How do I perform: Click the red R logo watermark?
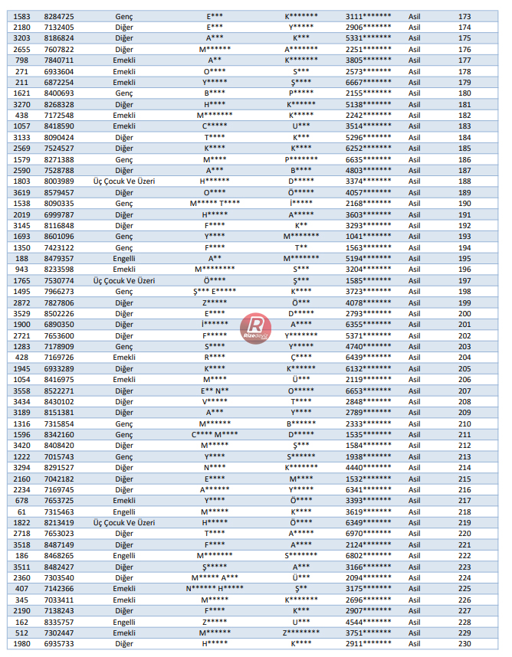tap(255, 328)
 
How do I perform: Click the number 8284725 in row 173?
tap(59, 16)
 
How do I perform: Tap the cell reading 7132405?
tap(59, 27)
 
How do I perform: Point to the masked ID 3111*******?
tap(368, 16)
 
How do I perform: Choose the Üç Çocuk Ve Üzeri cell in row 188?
tap(124, 181)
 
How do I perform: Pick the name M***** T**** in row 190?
tap(215, 204)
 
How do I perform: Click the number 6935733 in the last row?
tap(59, 644)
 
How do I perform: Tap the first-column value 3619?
tap(22, 192)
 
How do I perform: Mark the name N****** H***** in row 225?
tap(215, 589)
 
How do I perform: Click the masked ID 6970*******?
tap(368, 533)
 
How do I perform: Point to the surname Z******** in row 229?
tap(301, 633)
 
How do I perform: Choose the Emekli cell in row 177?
tap(124, 60)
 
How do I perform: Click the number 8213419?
tap(59, 522)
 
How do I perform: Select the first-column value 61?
tap(22, 512)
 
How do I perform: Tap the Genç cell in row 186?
tap(124, 159)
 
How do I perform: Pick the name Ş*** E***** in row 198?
tap(215, 292)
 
